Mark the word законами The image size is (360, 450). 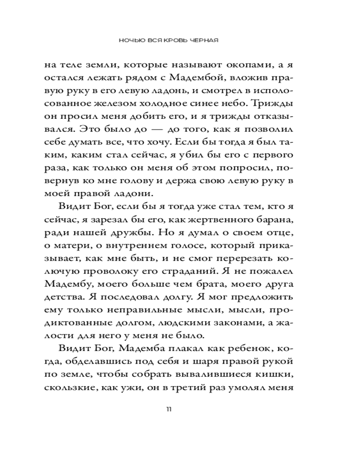[234, 324]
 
